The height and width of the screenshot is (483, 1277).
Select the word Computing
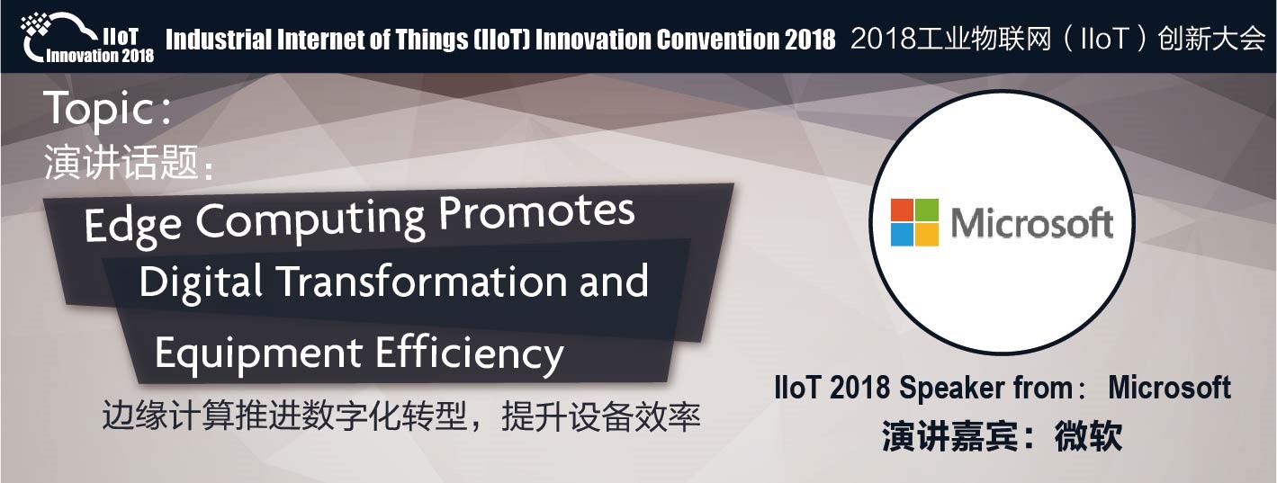[x=311, y=220]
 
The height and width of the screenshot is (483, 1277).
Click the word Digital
[x=201, y=282]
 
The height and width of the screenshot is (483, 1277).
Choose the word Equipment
[x=258, y=353]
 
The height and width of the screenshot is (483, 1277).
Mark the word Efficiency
[x=470, y=353]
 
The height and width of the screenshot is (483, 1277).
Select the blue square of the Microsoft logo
[x=902, y=234]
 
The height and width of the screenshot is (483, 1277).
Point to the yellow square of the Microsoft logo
[x=927, y=234]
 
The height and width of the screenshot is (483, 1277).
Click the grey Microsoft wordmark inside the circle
[x=1032, y=223]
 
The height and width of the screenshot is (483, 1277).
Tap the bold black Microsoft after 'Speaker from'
[x=1169, y=388]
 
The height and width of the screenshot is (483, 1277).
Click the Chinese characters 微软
[x=1088, y=437]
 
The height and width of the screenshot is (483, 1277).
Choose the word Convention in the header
[x=717, y=40]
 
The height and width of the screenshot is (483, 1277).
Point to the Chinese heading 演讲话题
[x=121, y=162]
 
